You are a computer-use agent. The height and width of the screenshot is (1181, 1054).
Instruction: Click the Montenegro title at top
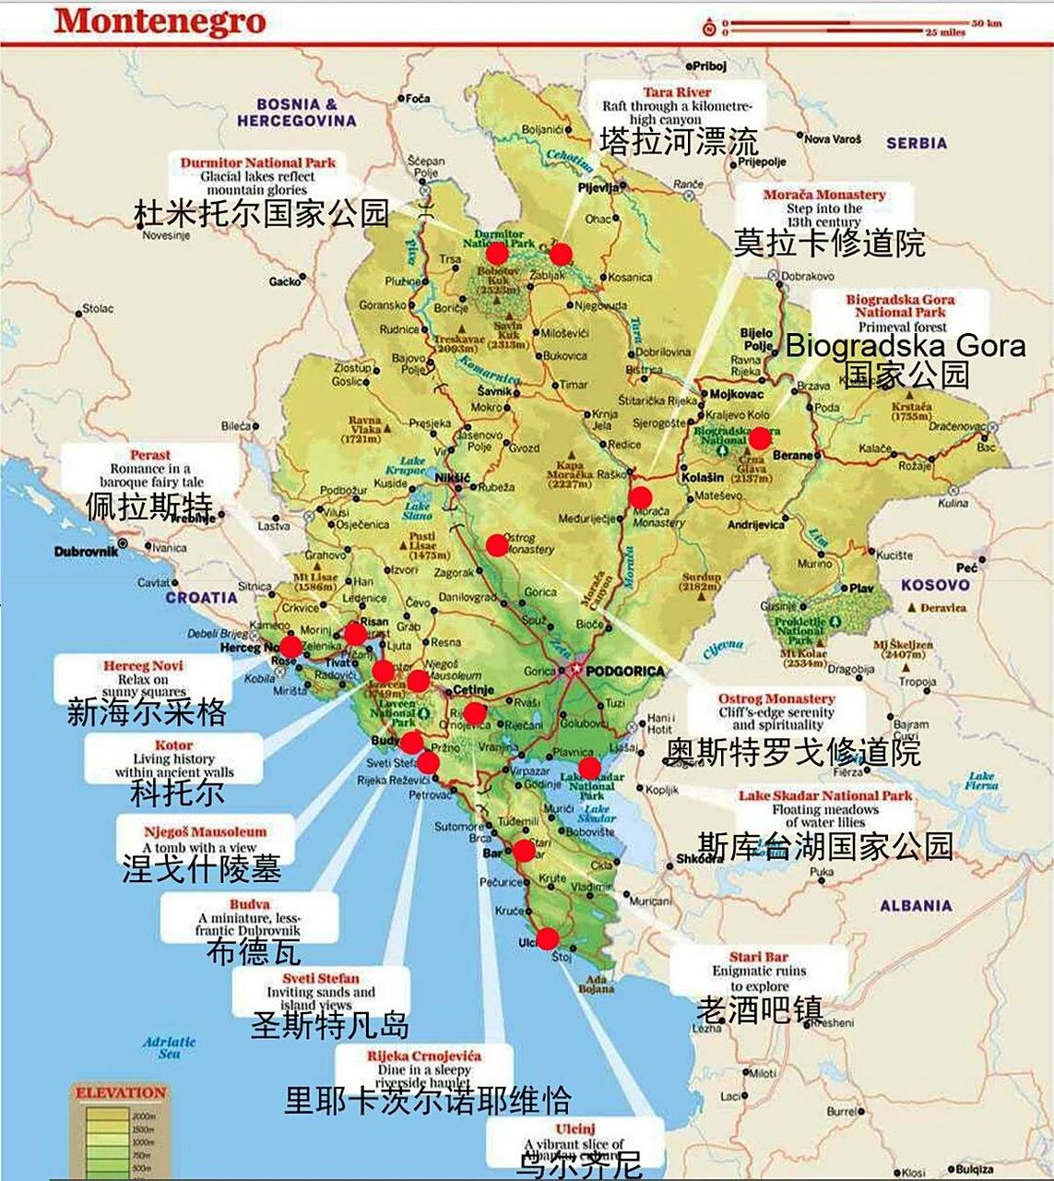click(160, 21)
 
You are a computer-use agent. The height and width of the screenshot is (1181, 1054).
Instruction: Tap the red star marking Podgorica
click(575, 669)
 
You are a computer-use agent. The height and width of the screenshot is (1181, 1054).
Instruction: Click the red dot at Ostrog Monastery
click(497, 545)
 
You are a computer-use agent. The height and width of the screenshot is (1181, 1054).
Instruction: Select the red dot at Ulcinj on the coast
click(547, 939)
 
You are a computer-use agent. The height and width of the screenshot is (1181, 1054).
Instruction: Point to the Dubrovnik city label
click(87, 551)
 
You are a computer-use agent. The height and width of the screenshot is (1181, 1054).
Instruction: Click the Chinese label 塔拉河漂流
click(679, 141)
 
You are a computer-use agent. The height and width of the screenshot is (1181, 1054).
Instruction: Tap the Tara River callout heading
click(678, 92)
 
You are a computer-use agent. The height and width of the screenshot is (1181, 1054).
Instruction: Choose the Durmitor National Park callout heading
click(257, 163)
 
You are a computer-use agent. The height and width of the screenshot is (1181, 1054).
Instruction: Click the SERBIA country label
click(916, 143)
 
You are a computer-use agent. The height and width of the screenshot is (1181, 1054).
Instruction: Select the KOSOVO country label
click(935, 585)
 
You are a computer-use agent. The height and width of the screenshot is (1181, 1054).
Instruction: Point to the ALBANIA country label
click(915, 906)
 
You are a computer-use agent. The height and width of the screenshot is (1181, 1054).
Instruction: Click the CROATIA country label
click(201, 597)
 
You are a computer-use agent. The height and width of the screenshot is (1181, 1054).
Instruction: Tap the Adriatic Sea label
click(169, 1047)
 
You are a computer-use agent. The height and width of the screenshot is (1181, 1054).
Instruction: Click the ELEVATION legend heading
click(121, 1093)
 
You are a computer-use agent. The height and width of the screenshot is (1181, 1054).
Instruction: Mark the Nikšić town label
click(452, 477)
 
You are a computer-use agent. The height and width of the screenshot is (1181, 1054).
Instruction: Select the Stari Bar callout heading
click(758, 957)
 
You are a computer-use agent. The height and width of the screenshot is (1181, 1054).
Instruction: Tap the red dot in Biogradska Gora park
click(759, 438)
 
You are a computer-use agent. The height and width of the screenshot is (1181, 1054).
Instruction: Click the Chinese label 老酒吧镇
click(759, 1008)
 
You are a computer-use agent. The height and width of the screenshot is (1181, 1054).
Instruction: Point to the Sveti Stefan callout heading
click(321, 978)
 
